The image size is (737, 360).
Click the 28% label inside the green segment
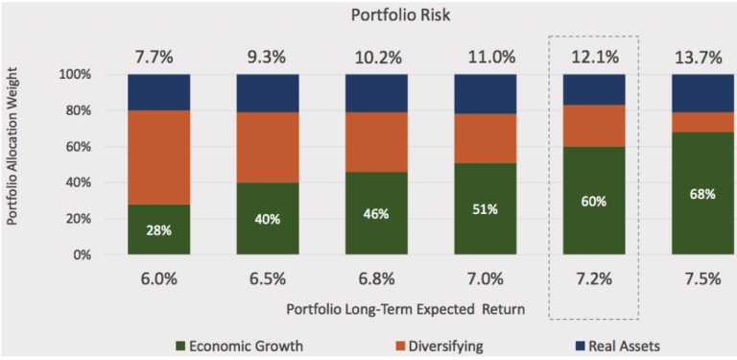click(159, 231)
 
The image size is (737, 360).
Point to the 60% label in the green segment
click(594, 203)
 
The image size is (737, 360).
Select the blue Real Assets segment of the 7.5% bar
click(703, 93)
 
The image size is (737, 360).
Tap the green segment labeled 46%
click(377, 214)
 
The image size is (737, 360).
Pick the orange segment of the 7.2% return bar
click(594, 126)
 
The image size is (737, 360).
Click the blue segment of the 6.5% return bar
click(268, 93)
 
